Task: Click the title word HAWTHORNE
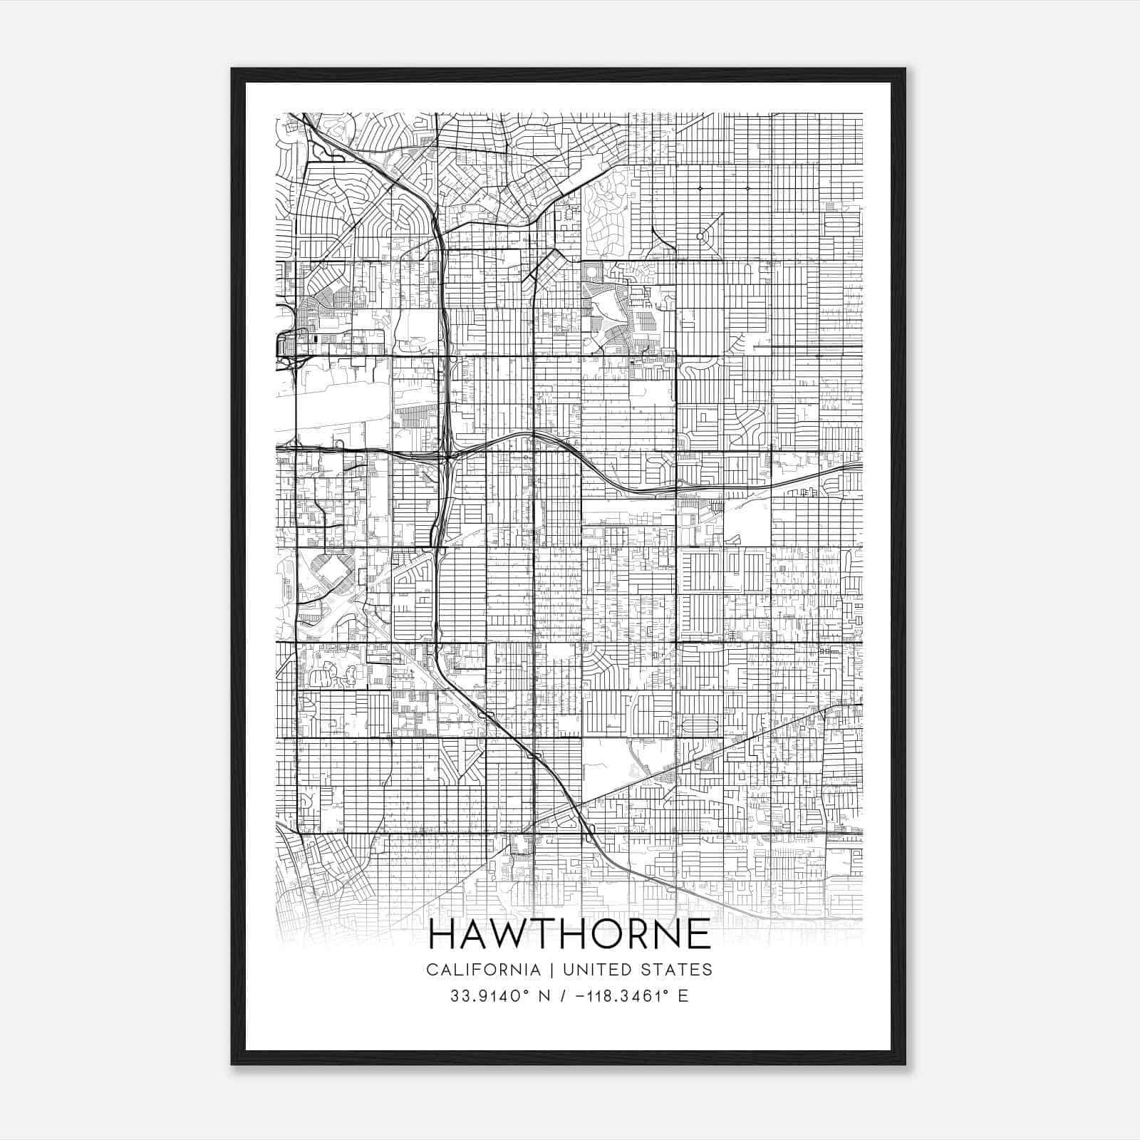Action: pyautogui.click(x=570, y=934)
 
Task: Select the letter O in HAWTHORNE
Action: pyautogui.click(x=611, y=934)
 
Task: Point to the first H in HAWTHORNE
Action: pyautogui.click(x=443, y=934)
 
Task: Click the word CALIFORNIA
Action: pyautogui.click(x=482, y=970)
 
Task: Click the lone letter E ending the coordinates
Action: pyautogui.click(x=684, y=995)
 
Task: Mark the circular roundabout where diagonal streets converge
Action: pyautogui.click(x=700, y=236)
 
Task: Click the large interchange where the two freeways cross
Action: pyautogui.click(x=447, y=452)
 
